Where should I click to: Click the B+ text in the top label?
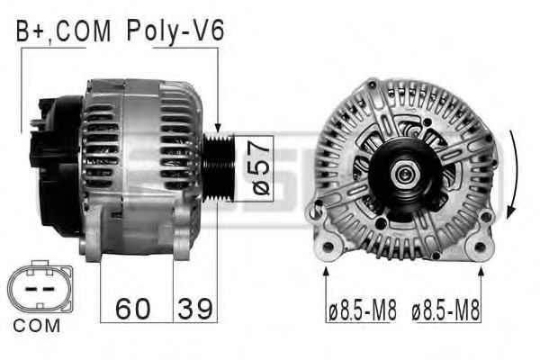30,31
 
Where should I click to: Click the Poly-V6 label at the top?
175,31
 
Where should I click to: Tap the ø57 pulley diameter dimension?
261,168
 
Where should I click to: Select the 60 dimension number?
133,309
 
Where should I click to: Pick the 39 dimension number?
195,309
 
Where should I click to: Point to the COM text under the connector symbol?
37,326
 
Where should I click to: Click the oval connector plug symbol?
40,287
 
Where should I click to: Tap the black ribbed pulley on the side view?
219,167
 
